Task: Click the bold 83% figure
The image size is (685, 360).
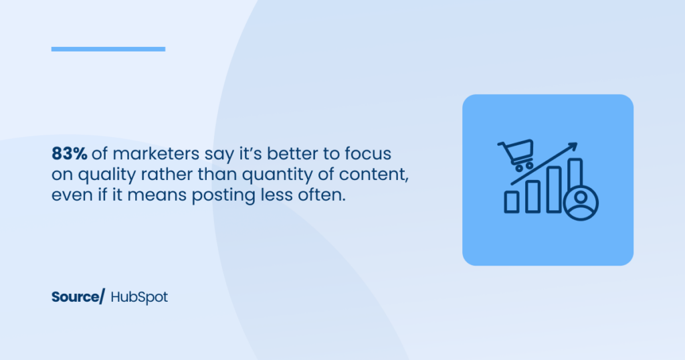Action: click(x=70, y=154)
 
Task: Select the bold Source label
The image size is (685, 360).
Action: click(x=75, y=297)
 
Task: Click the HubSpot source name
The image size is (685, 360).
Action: click(x=139, y=297)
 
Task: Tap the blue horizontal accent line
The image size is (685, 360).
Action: click(x=108, y=49)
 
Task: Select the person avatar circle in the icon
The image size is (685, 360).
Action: click(x=581, y=203)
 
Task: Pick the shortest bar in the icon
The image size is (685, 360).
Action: click(x=512, y=202)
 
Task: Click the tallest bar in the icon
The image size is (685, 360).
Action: click(x=575, y=175)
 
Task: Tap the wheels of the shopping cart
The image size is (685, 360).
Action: click(x=524, y=167)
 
